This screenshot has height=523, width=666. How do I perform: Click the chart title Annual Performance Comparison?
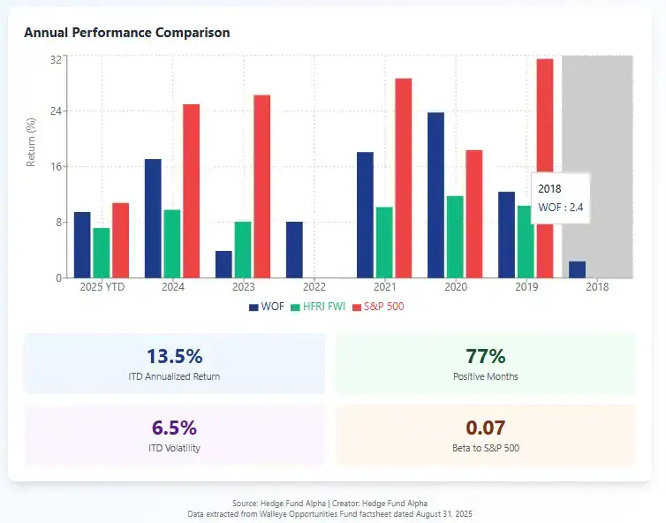[126, 33]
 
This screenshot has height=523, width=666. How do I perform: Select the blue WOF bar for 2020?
[435, 195]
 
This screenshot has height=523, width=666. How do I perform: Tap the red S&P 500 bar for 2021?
[403, 178]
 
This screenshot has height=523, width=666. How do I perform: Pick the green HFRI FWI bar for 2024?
[172, 243]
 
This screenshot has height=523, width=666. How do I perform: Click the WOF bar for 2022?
[294, 249]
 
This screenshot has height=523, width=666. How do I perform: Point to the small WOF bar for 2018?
[577, 269]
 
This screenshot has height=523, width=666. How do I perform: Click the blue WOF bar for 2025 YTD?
[82, 245]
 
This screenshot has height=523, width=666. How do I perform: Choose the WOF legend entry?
[267, 307]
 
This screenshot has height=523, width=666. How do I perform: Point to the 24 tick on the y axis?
[56, 111]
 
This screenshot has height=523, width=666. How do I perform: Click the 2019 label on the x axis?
[526, 287]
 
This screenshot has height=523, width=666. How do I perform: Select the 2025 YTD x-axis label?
[102, 287]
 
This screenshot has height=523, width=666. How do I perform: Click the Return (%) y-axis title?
[31, 143]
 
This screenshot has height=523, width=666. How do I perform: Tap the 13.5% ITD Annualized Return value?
[174, 356]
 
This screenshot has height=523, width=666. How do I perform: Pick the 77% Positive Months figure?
[485, 356]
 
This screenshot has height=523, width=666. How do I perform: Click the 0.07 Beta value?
[485, 428]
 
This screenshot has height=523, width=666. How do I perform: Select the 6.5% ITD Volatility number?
[174, 428]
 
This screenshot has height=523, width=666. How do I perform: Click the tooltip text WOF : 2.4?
[561, 208]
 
